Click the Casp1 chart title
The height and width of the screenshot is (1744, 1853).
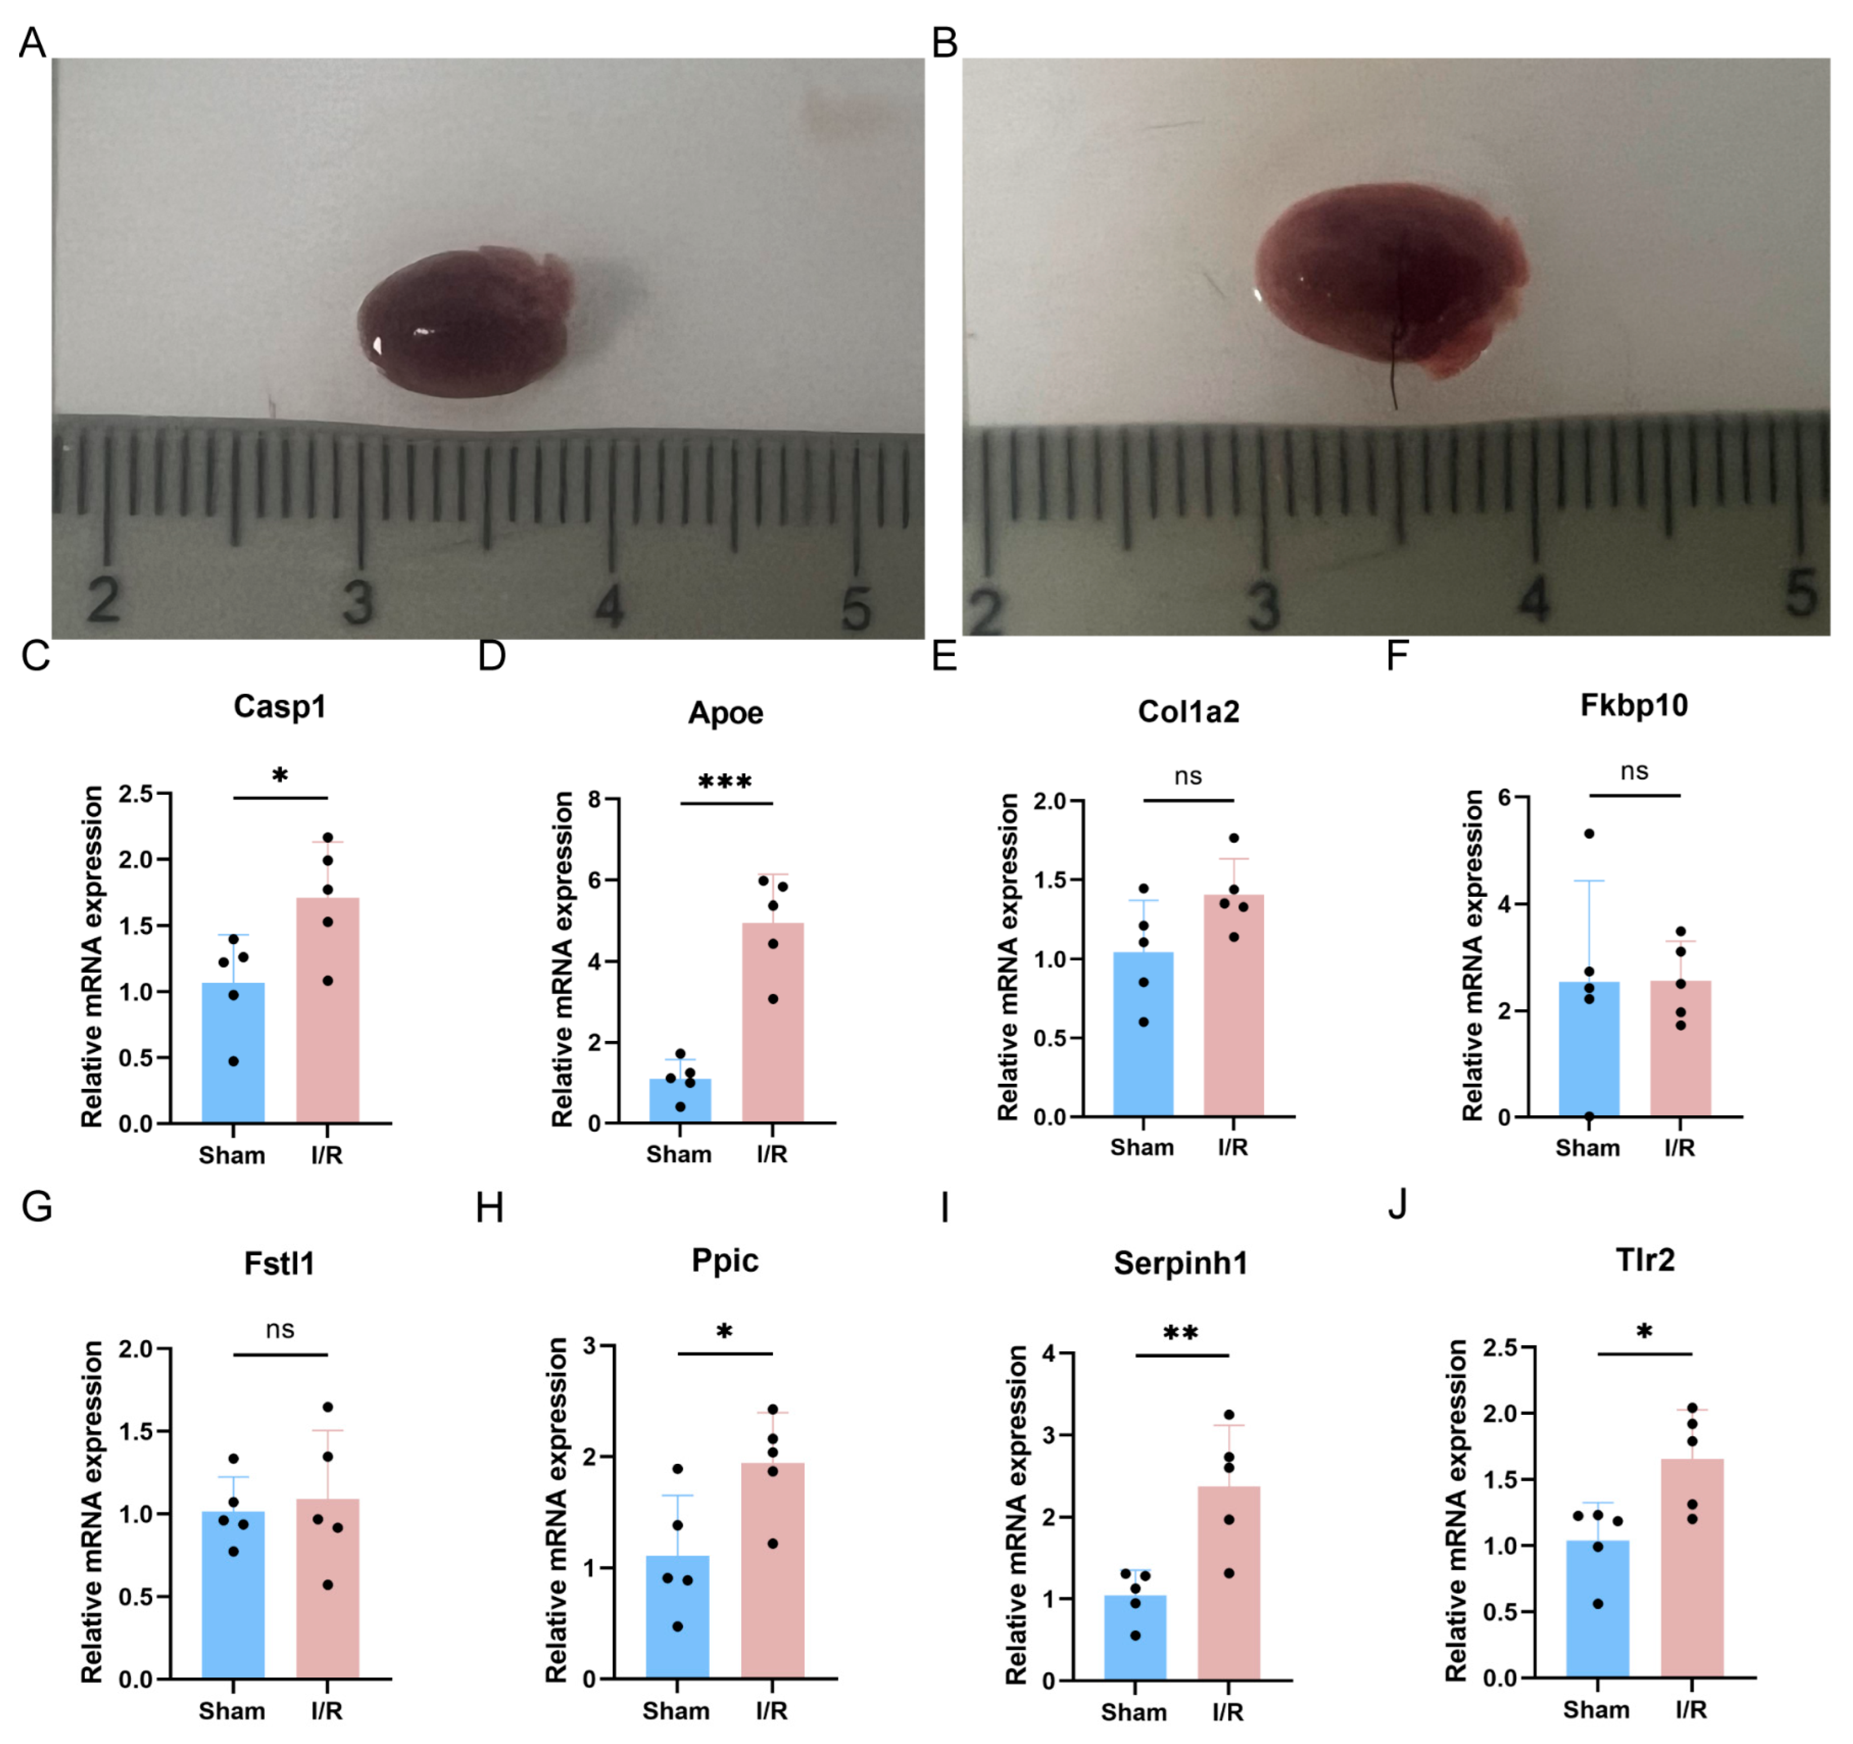280,706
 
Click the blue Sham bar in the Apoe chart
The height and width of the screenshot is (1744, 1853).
680,1100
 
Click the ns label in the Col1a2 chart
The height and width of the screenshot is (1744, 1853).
1188,775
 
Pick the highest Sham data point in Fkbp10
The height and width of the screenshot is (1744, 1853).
1589,833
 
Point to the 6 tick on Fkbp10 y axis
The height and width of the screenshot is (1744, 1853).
1503,798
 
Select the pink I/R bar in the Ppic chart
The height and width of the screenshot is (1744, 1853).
773,1575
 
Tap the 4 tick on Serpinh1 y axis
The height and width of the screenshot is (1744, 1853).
1049,1353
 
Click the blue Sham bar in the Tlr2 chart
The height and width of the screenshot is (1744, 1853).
1598,1613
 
